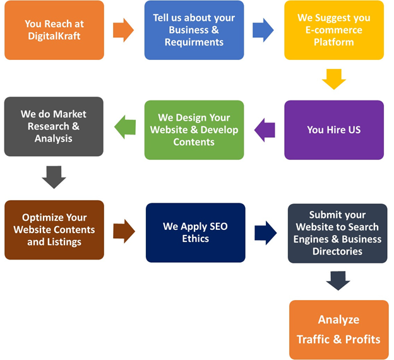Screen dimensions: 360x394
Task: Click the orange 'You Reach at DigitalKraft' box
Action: (54, 30)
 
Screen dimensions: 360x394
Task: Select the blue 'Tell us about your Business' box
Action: (194, 30)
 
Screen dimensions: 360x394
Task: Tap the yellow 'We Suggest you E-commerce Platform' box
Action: (333, 30)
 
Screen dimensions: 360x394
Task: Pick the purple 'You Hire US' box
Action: (333, 129)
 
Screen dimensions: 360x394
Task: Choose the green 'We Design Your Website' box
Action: (194, 129)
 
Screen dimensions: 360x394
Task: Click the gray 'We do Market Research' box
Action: (54, 126)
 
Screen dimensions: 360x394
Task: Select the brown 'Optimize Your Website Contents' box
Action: (54, 229)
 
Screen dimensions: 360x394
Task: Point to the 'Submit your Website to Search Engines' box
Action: (337, 233)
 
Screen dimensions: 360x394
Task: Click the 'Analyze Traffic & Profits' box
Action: (338, 329)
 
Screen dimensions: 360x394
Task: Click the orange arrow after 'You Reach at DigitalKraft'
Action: (123, 29)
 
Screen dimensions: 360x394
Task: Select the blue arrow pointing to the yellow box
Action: (263, 30)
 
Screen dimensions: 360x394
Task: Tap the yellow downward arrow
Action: (334, 79)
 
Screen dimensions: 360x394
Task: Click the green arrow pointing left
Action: (124, 128)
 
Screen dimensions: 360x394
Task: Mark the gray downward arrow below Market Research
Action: (54, 177)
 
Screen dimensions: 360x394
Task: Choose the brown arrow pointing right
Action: (124, 231)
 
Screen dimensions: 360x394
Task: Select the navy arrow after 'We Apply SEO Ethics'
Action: (265, 232)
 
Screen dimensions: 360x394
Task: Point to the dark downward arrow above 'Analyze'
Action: (338, 280)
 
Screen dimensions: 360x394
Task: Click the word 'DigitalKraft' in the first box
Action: (54, 37)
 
